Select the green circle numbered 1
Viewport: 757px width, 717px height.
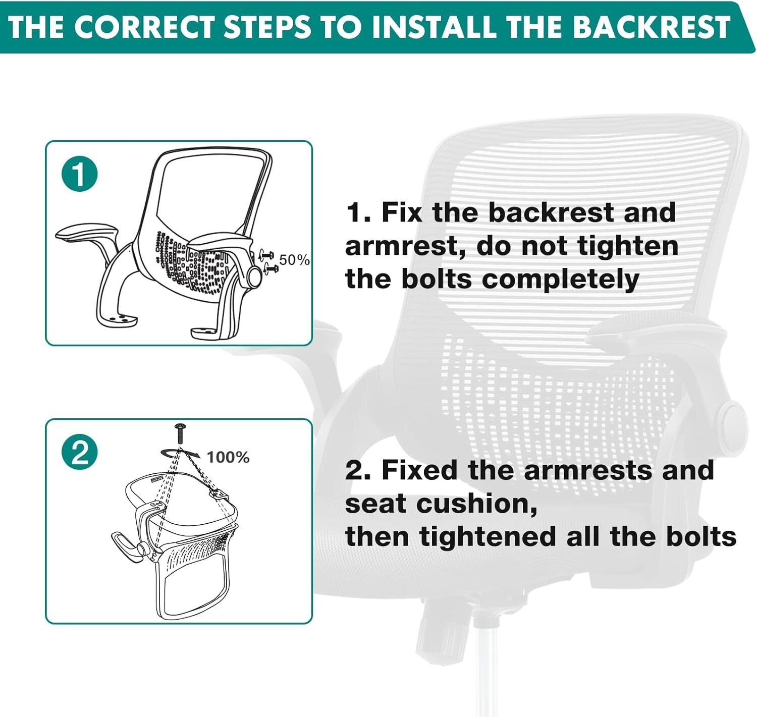pos(80,175)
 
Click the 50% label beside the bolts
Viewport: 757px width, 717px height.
pos(295,260)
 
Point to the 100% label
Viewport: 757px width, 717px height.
pos(228,458)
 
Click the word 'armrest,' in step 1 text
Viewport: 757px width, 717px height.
pos(406,247)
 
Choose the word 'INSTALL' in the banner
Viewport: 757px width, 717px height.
pos(434,27)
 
